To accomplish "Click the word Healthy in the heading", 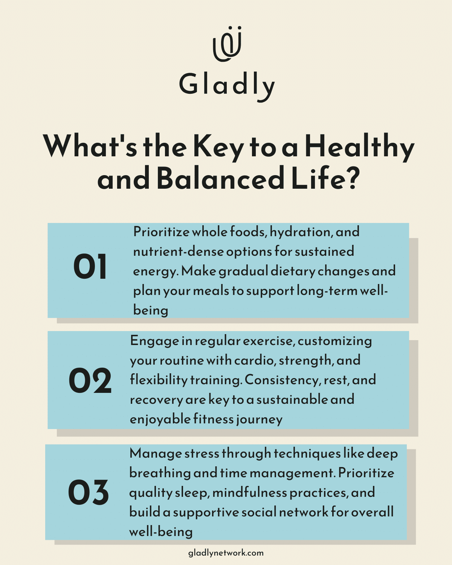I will point(359,147).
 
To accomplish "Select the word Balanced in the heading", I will point(220,179).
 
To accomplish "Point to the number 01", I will point(90,267).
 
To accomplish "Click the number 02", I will point(90,381).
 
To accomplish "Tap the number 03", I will point(89,492).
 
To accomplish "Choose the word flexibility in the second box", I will point(159,380).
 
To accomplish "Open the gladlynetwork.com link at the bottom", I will point(226,553).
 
